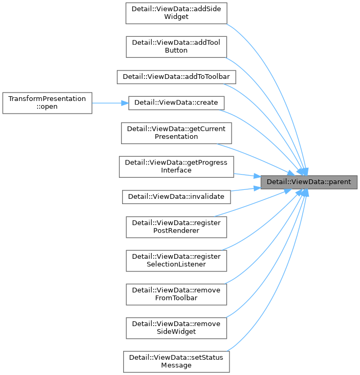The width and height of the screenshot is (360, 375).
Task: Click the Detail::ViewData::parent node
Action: (309, 181)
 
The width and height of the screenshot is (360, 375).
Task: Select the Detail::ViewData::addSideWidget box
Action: (176, 13)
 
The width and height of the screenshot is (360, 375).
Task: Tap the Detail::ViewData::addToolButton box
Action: (176, 46)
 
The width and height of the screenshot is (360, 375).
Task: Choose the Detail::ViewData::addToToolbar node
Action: (176, 76)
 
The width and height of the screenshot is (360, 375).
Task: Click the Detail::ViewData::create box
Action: (176, 103)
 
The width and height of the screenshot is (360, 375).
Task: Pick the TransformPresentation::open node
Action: (47, 103)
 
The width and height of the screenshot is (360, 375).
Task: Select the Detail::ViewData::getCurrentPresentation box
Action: (176, 133)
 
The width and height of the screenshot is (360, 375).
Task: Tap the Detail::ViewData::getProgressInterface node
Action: (176, 166)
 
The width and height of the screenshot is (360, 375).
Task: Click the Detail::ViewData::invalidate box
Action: (176, 197)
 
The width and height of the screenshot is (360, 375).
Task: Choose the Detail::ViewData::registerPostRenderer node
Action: (176, 227)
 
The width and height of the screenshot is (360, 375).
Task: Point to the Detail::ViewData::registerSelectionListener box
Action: (176, 260)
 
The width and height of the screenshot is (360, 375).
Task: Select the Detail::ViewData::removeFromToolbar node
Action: (176, 294)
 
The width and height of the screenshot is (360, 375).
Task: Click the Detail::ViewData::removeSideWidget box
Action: (176, 328)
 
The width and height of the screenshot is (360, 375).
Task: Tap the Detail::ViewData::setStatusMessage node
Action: (176, 361)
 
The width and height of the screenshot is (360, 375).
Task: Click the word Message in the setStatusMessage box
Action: (176, 366)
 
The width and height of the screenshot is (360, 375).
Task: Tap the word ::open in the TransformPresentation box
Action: (47, 107)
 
